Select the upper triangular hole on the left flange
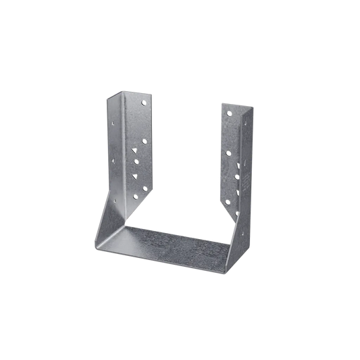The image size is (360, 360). [x=143, y=144]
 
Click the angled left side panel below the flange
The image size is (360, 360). [x=112, y=216]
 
